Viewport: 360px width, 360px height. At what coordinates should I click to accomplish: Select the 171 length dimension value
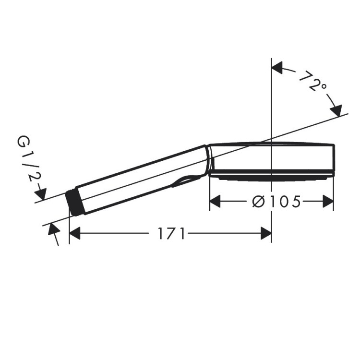(171, 234)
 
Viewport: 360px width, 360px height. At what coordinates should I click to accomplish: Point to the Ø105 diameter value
(276, 202)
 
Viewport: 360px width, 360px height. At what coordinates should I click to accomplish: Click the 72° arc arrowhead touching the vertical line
(277, 69)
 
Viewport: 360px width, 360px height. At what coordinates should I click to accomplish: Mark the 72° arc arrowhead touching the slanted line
(337, 109)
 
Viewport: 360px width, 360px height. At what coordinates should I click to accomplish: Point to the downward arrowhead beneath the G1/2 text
(41, 194)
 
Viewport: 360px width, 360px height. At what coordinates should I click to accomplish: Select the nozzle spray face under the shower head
(271, 178)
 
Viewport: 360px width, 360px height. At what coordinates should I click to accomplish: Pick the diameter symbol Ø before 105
(258, 202)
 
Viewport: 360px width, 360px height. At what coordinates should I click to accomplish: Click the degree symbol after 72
(323, 86)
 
